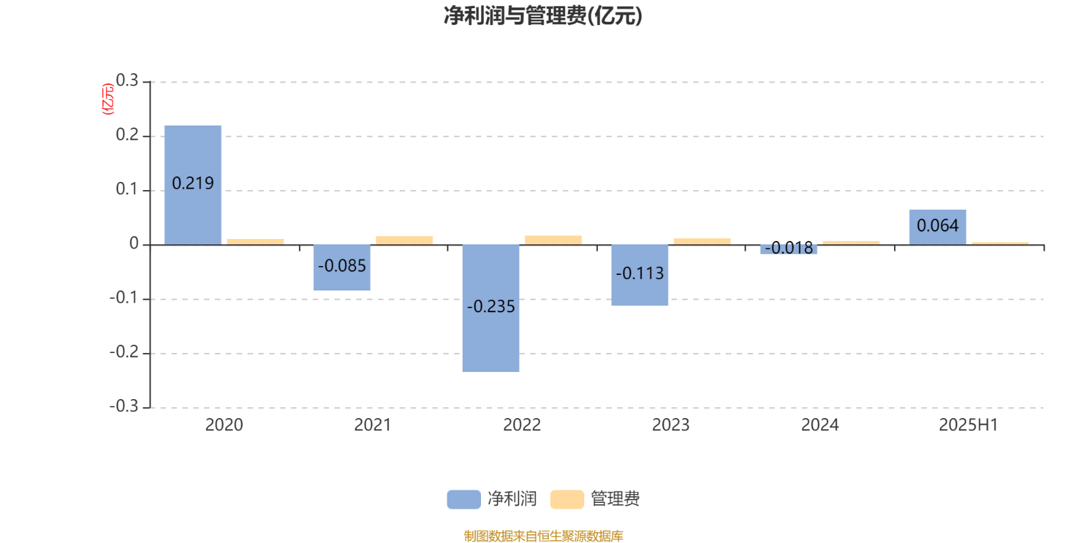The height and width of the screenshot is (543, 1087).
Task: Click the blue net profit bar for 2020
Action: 193,185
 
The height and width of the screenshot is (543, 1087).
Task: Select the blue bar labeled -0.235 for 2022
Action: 491,308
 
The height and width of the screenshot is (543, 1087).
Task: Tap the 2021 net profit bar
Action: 342,267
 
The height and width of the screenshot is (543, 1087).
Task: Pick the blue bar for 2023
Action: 639,275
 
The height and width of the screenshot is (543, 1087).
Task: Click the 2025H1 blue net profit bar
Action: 938,227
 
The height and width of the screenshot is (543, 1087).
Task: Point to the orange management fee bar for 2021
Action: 404,240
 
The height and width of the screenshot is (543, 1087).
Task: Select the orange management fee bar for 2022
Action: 553,240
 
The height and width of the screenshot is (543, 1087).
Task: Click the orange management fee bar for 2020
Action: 255,242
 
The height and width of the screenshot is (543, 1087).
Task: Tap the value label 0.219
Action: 193,183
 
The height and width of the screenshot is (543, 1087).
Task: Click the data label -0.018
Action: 789,248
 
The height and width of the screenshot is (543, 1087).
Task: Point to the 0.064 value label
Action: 938,225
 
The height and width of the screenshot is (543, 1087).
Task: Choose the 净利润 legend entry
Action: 492,499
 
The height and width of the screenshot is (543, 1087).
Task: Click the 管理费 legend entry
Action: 595,499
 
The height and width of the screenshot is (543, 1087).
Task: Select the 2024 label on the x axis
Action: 819,425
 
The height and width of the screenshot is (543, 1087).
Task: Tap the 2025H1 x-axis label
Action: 968,425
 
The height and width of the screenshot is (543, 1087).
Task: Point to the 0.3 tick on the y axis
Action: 127,81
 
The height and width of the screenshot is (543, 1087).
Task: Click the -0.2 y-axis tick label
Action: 124,352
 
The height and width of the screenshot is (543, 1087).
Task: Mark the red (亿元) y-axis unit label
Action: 108,99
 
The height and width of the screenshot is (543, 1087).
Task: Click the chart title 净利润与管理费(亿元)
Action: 543,16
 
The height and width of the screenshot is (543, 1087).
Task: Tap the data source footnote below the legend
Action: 543,536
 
